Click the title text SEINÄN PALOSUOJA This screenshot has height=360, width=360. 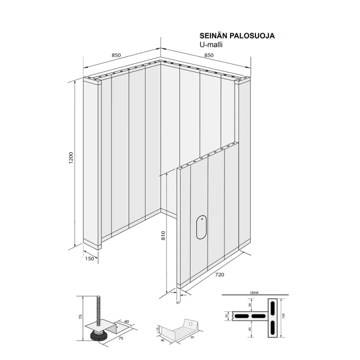[237, 36]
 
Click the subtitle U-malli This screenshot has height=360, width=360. [211, 44]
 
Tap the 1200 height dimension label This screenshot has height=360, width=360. [71, 157]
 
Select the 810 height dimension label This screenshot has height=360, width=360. [163, 236]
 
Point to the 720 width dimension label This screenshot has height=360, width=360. [219, 274]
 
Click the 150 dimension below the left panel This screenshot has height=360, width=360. [89, 259]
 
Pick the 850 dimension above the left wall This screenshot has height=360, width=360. [116, 55]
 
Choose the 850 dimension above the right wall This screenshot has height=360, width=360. [209, 55]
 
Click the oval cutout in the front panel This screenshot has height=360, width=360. [201, 227]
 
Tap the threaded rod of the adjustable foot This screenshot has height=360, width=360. [98, 312]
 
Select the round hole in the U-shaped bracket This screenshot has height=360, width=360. [190, 323]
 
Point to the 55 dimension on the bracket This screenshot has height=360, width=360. [192, 337]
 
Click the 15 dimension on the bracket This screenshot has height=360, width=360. [157, 329]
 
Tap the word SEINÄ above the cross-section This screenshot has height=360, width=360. [254, 292]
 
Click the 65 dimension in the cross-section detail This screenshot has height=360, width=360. [250, 329]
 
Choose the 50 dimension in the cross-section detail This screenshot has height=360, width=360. [250, 305]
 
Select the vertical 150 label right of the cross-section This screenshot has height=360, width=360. [283, 315]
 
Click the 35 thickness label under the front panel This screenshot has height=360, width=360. [177, 303]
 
